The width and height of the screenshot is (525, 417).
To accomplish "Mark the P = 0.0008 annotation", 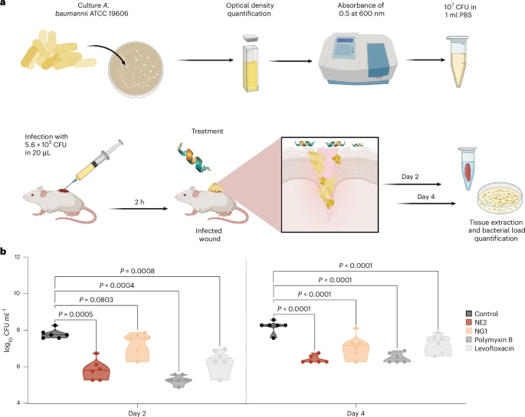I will click(x=138, y=271).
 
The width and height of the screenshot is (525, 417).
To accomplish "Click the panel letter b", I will click(x=5, y=251).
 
